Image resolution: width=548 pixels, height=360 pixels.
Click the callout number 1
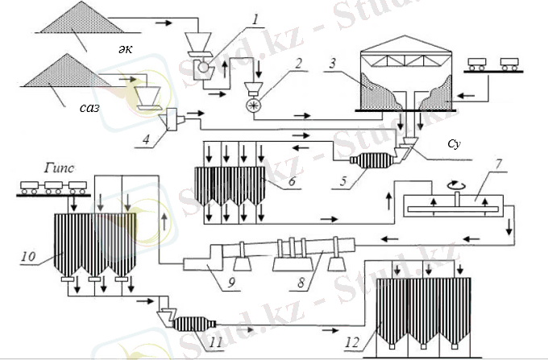coord(255,20)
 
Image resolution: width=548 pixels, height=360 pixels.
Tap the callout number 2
coord(298,63)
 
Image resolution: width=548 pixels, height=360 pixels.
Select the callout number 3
coord(332,63)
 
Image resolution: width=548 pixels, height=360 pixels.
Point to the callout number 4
coord(146,139)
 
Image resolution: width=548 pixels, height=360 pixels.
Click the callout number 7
coord(498,164)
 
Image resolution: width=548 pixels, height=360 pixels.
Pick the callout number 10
coord(29,256)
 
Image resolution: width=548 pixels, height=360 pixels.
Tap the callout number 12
coord(352,342)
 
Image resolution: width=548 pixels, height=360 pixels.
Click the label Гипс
coord(59,168)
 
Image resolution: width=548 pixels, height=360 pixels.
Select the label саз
coord(89,108)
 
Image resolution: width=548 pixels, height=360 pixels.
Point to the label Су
coord(454,144)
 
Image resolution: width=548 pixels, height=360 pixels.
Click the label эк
coord(125,48)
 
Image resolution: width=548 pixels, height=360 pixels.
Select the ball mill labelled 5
coord(372,160)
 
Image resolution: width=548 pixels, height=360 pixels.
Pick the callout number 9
coord(231,283)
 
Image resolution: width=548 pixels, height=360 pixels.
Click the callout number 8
coord(301,283)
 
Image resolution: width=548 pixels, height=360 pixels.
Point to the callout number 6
coord(293,180)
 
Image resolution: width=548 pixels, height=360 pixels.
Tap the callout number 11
coord(216,342)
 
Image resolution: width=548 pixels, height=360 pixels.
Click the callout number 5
coord(342,180)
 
